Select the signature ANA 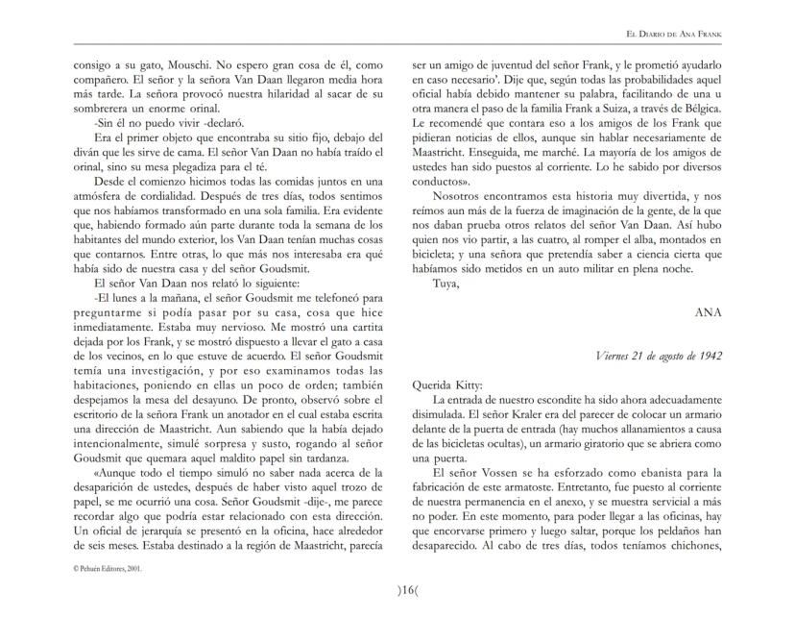coord(709,312)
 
